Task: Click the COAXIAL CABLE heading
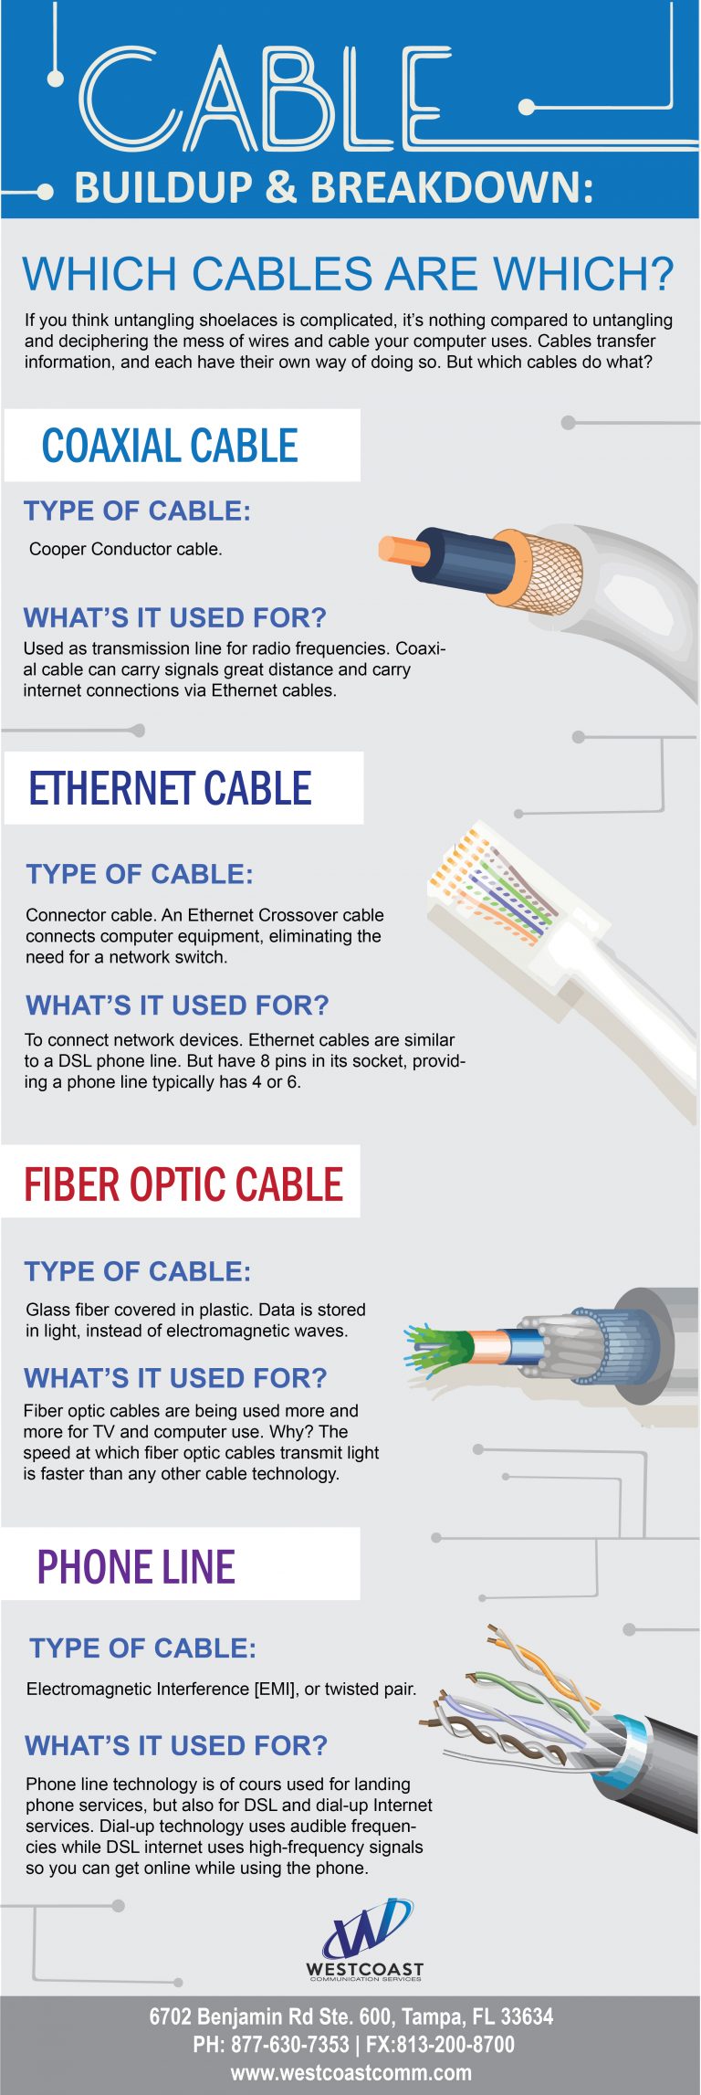point(170,446)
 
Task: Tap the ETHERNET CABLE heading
point(171,788)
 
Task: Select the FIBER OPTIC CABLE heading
point(183,1184)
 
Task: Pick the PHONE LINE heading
point(136,1567)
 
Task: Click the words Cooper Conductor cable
point(125,549)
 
